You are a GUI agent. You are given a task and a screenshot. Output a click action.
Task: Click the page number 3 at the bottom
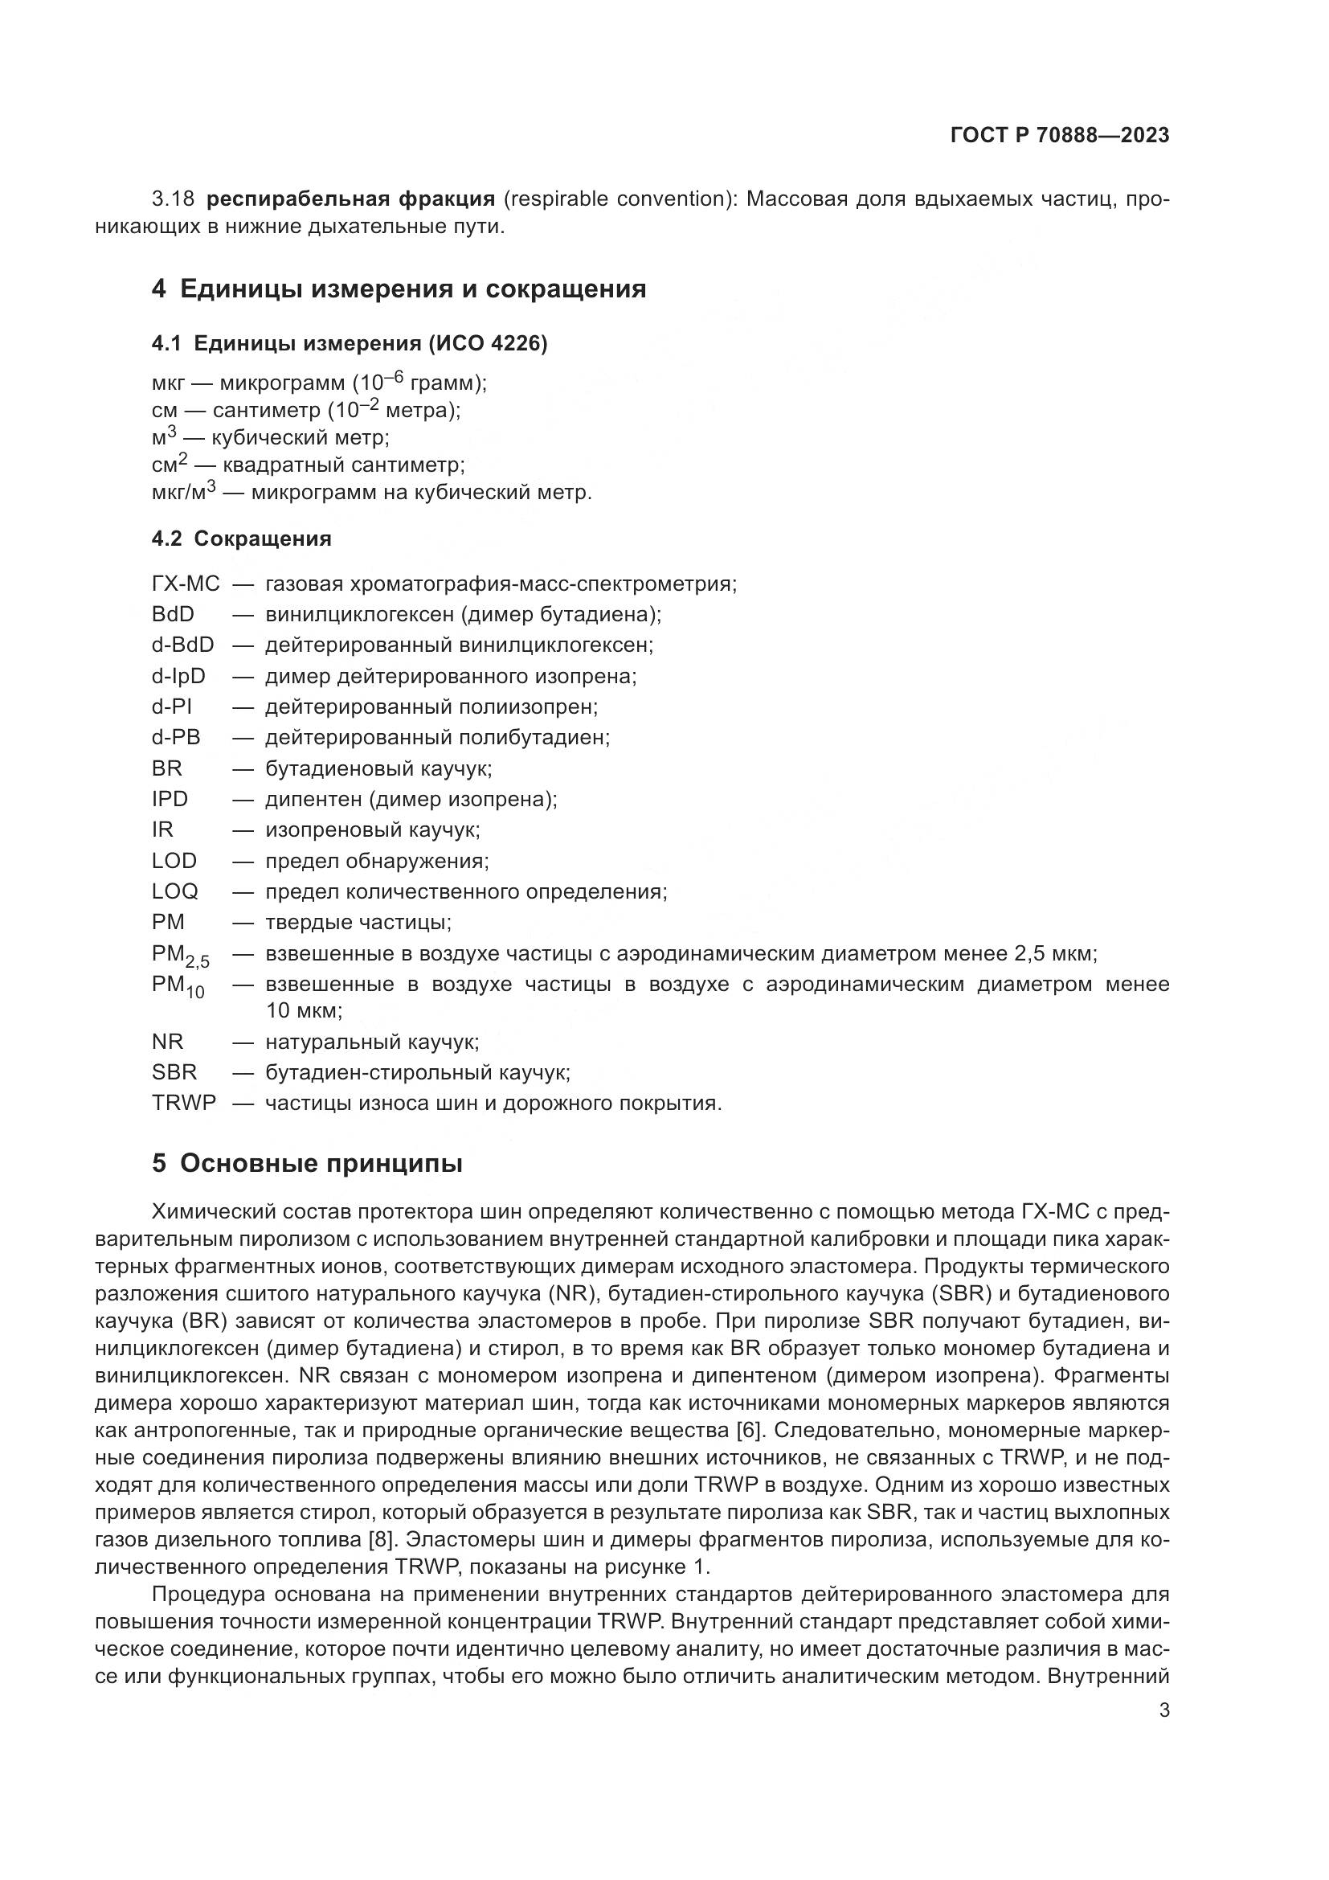pyautogui.click(x=1163, y=1710)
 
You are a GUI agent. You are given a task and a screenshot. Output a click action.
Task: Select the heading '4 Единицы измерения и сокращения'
pyautogui.click(x=399, y=289)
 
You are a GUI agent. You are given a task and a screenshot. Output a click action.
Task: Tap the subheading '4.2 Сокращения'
pyautogui.click(x=241, y=539)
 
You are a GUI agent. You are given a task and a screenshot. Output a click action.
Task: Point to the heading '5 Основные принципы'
pyautogui.click(x=307, y=1164)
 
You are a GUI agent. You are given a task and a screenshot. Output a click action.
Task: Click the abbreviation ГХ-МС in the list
pyautogui.click(x=186, y=584)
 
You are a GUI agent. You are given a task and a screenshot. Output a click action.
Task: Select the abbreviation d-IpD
pyautogui.click(x=178, y=676)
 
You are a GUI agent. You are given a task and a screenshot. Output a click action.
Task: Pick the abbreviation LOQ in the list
pyautogui.click(x=174, y=891)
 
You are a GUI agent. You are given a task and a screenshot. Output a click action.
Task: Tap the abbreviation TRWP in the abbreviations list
pyautogui.click(x=184, y=1103)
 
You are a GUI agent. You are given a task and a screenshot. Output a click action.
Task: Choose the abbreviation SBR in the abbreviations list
pyautogui.click(x=174, y=1072)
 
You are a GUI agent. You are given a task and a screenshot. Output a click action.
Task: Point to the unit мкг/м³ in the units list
pyautogui.click(x=183, y=493)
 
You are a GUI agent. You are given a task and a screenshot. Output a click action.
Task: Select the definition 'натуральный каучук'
pyautogui.click(x=370, y=1042)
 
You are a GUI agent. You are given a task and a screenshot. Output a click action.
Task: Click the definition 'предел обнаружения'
pyautogui.click(x=375, y=861)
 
